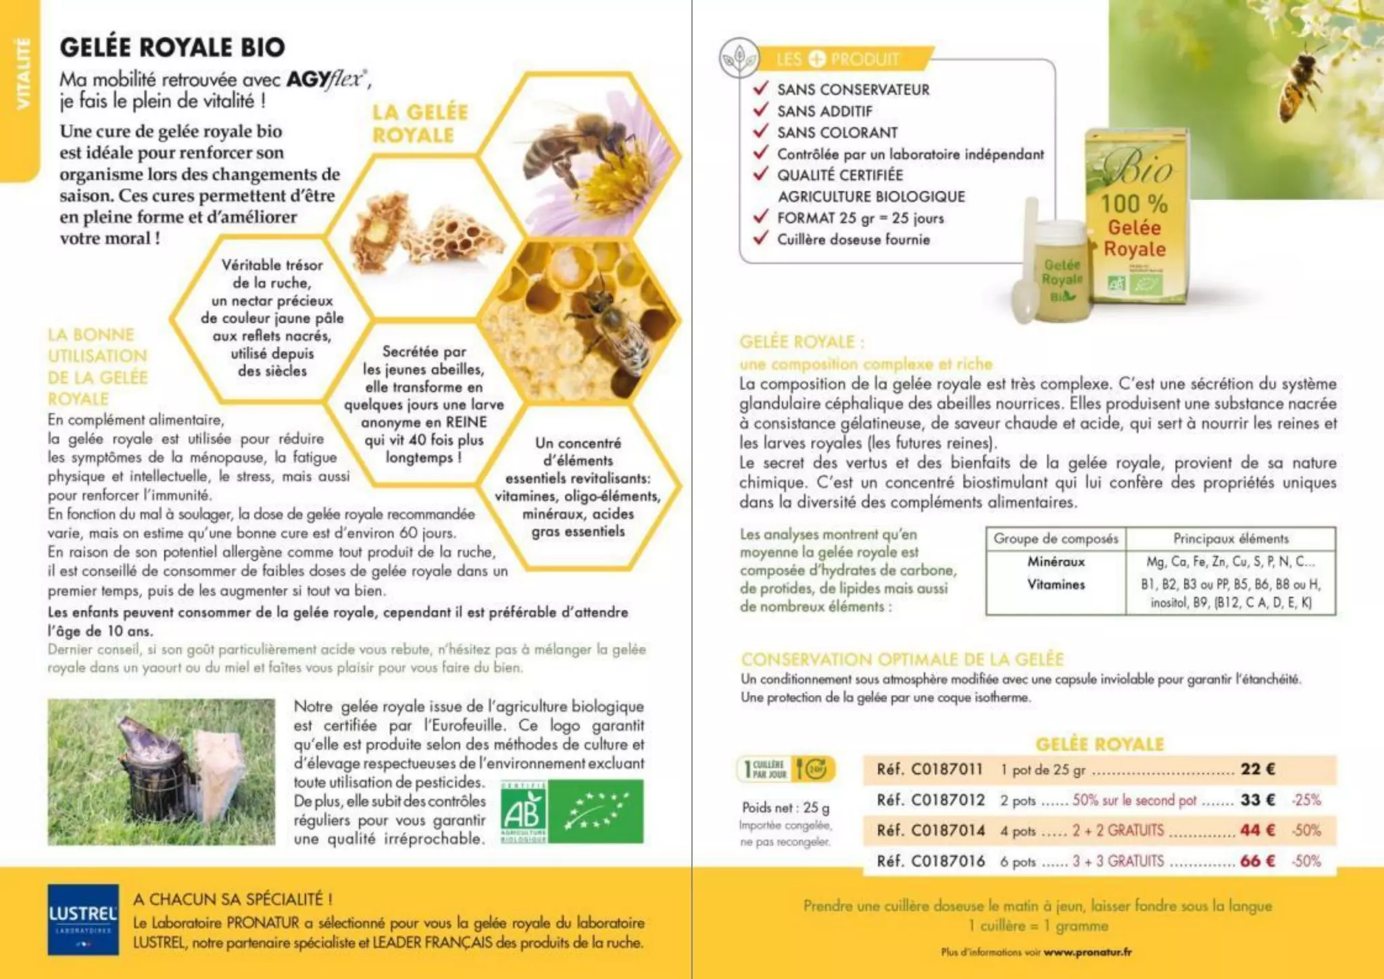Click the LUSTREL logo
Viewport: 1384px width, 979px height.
[x=83, y=920]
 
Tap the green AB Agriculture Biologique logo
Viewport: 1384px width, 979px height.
[x=524, y=811]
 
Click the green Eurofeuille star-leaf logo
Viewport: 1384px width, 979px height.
[x=595, y=811]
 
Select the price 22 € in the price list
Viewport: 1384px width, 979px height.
[x=1258, y=769]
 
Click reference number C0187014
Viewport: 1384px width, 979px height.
[x=947, y=830]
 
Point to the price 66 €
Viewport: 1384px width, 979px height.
[x=1258, y=861]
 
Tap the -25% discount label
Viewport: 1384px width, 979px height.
[x=1306, y=800]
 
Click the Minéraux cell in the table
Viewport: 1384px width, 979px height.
[x=1056, y=562]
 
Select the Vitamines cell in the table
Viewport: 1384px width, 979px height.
[x=1056, y=585]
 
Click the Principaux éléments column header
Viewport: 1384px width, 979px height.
[x=1231, y=539]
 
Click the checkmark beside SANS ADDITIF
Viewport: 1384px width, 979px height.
[x=761, y=110]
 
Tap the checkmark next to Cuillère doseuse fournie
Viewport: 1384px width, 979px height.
[x=761, y=238]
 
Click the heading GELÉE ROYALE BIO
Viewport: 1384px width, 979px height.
[x=172, y=47]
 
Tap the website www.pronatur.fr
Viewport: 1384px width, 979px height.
[x=1087, y=952]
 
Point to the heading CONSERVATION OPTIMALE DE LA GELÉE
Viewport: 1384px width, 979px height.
[x=902, y=659]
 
